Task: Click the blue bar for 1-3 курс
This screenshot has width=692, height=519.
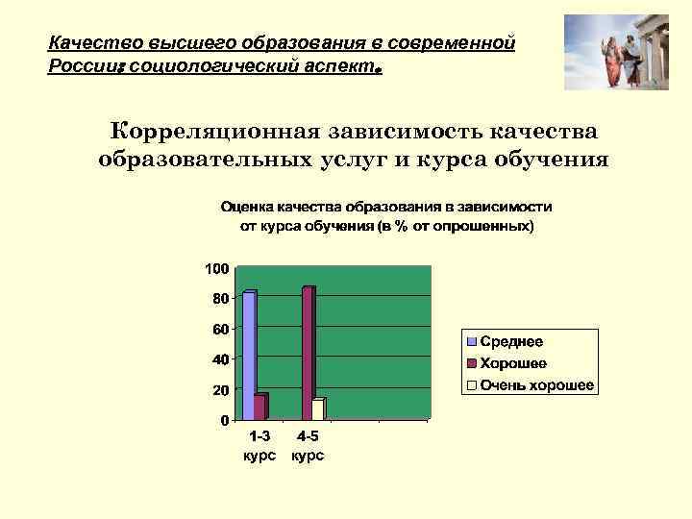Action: [x=249, y=356]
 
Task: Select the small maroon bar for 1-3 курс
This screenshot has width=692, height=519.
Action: [x=259, y=408]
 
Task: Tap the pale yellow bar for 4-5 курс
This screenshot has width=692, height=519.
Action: [x=318, y=409]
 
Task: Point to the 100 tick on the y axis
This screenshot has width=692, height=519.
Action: [x=216, y=267]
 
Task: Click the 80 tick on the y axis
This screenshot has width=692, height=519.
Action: [x=220, y=298]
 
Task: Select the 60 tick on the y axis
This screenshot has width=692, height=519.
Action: [x=220, y=329]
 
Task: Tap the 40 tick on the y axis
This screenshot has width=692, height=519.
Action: [x=220, y=359]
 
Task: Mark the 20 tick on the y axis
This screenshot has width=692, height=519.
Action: [x=220, y=390]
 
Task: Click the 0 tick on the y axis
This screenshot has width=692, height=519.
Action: [x=224, y=421]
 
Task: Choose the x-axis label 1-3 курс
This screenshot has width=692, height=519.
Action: [x=259, y=446]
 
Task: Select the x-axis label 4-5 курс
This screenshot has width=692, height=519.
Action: [x=308, y=446]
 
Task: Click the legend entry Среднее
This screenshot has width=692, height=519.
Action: [x=511, y=342]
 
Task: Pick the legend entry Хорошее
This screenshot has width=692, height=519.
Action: [x=513, y=363]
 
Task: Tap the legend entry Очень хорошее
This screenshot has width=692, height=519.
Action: [x=536, y=385]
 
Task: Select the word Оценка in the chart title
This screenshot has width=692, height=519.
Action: [x=247, y=207]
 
